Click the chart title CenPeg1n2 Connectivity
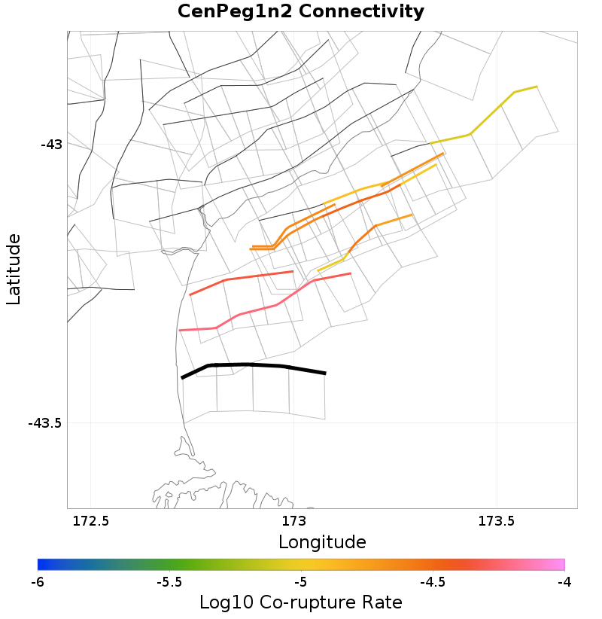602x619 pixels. (x=300, y=12)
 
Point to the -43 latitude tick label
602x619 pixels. (x=52, y=144)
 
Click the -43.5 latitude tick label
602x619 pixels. (x=44, y=423)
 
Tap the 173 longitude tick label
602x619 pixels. (x=293, y=521)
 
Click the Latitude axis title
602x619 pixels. (x=14, y=269)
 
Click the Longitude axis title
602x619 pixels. (x=322, y=542)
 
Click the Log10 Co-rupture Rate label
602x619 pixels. (x=300, y=602)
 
